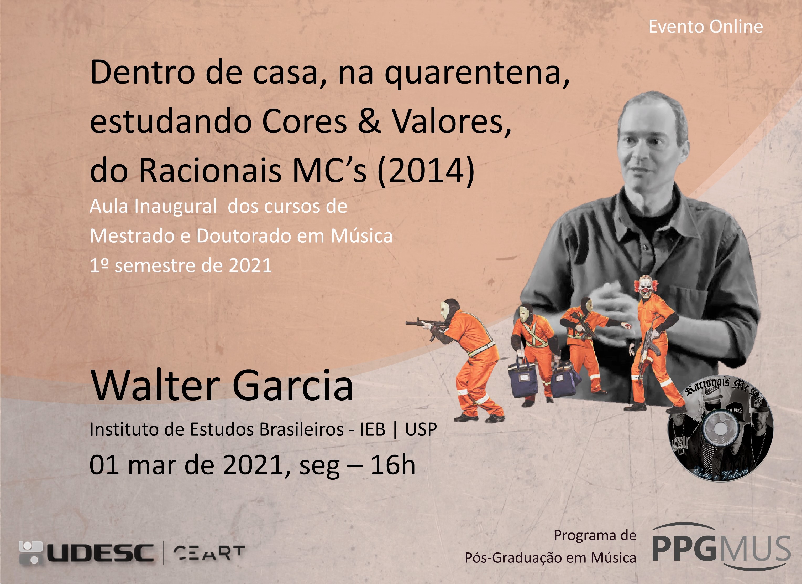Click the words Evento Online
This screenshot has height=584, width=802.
point(705,27)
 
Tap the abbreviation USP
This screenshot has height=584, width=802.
point(421,429)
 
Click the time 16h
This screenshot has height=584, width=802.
point(392,464)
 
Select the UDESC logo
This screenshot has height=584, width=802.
point(86,552)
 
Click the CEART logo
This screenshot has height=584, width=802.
point(209,552)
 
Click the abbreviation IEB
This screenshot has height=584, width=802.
point(373,429)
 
